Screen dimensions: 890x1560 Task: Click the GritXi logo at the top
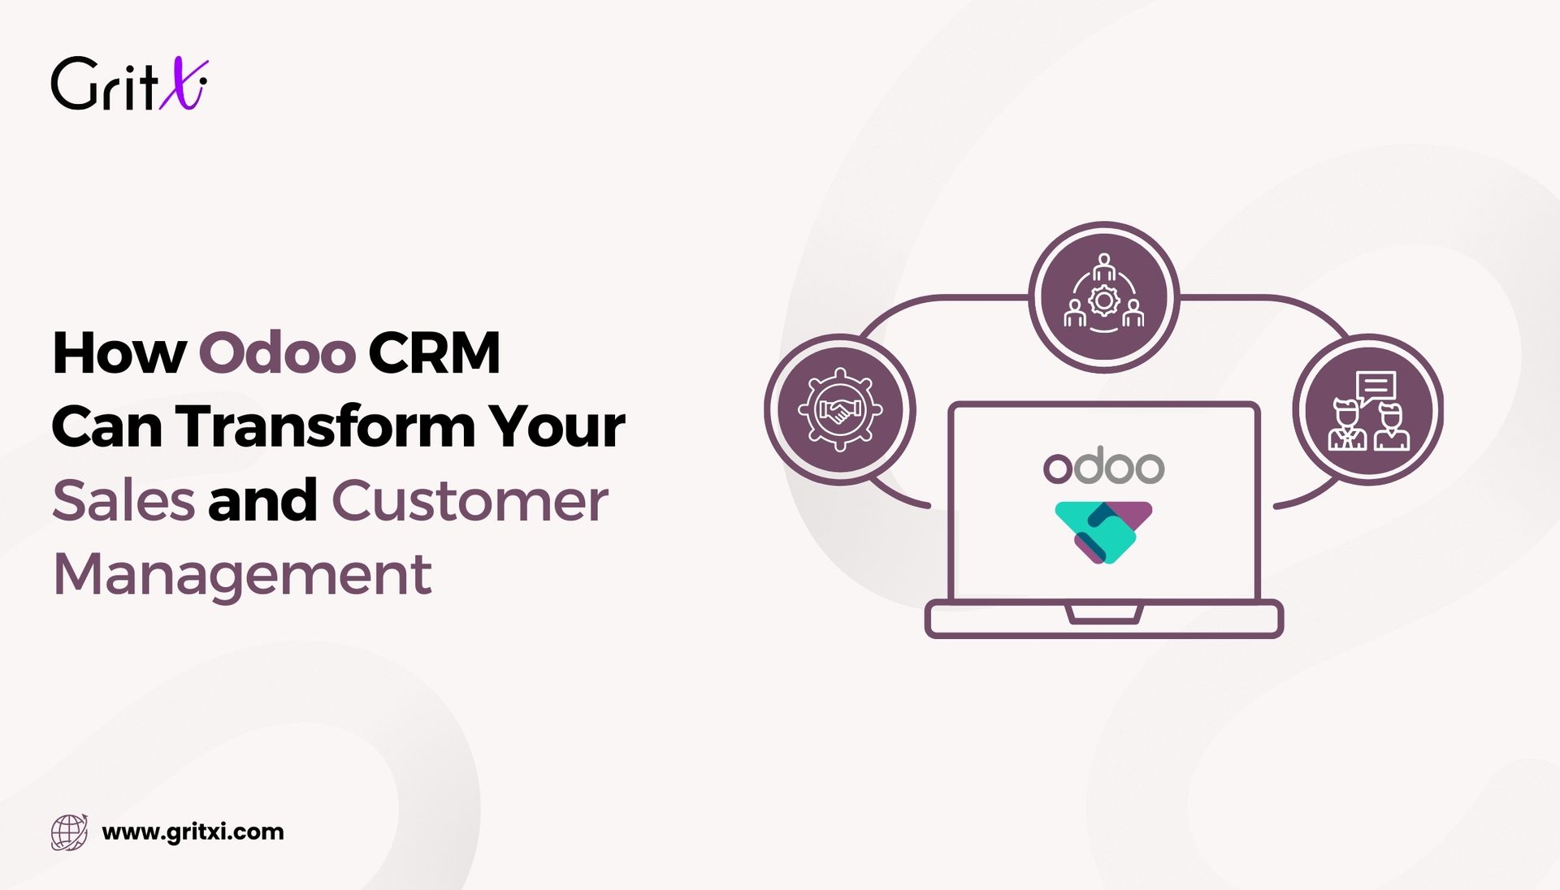(x=129, y=84)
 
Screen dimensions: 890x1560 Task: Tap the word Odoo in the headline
(x=277, y=352)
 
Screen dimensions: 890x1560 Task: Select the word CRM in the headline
(x=434, y=352)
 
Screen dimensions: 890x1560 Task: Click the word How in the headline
(x=119, y=352)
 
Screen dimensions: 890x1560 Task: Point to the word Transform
(x=326, y=426)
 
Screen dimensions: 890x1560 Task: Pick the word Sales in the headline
(x=123, y=500)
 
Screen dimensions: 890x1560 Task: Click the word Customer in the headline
(x=470, y=500)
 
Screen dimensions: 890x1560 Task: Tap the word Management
(x=242, y=574)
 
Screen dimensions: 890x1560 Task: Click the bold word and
(x=262, y=500)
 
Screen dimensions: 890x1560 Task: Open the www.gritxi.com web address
(x=193, y=832)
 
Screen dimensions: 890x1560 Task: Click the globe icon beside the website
(x=69, y=832)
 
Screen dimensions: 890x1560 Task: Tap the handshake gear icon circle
(x=839, y=409)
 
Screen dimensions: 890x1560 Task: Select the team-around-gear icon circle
(x=1103, y=298)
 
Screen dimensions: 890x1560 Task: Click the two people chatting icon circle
(x=1368, y=409)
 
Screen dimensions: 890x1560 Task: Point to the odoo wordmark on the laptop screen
(x=1103, y=466)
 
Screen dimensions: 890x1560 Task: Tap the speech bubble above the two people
(x=1375, y=387)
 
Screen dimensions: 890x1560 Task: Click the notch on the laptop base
(x=1104, y=614)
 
